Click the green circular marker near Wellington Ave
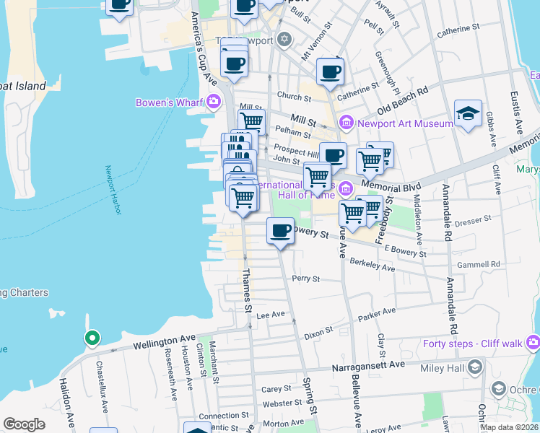pos(92,337)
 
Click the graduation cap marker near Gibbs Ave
pos(468,114)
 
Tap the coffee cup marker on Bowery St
pos(280,232)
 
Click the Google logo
pos(24,424)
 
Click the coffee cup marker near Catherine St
pos(330,71)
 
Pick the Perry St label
pos(305,279)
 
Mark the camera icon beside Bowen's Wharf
pos(213,102)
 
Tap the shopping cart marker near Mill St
pos(251,121)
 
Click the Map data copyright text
pos(509,427)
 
